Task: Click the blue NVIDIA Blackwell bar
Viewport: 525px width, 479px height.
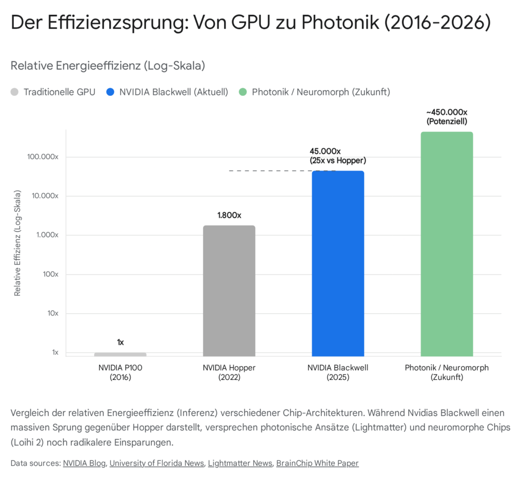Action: [x=338, y=264]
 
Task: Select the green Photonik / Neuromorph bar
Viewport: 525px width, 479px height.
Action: [x=447, y=244]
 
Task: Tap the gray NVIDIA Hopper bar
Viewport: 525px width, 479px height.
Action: [x=229, y=291]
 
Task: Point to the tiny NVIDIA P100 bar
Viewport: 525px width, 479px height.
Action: [x=120, y=354]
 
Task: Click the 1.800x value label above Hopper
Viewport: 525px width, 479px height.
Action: [x=229, y=215]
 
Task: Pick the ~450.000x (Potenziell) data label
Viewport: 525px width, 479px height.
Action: [x=447, y=117]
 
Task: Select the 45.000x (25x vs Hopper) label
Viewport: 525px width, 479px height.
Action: [x=338, y=156]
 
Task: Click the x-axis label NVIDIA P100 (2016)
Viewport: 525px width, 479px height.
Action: [x=120, y=373]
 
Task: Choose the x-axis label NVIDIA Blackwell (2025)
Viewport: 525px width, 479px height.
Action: [x=338, y=373]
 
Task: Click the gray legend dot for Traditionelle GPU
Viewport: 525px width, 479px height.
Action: [x=14, y=92]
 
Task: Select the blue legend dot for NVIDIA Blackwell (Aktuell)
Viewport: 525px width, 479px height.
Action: [x=110, y=92]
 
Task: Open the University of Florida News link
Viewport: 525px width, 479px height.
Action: [x=156, y=463]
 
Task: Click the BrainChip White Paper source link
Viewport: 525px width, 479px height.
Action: [x=317, y=463]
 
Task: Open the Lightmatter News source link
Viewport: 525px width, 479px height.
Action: [x=240, y=463]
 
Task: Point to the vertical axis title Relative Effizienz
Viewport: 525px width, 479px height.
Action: [x=17, y=243]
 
